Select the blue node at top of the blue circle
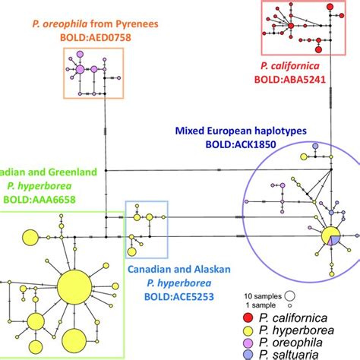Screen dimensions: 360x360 [x=314, y=147]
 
